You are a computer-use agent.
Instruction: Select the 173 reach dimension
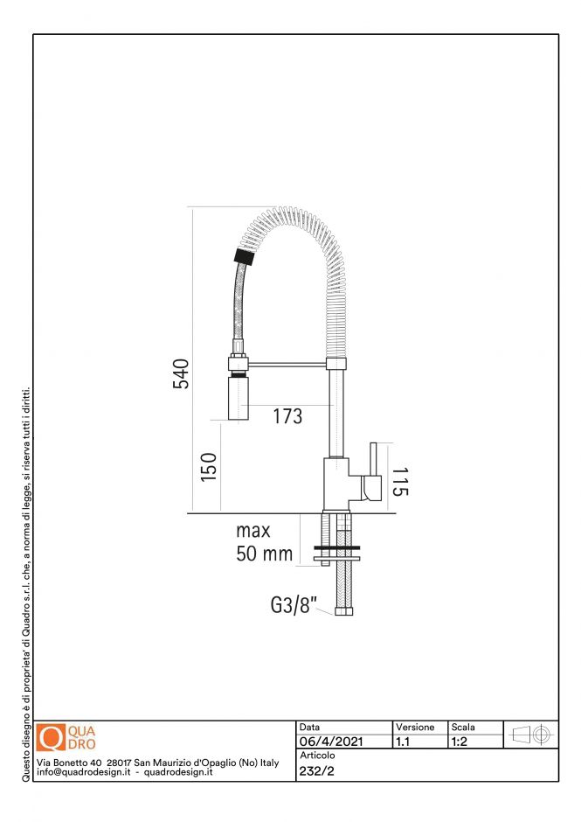(287, 417)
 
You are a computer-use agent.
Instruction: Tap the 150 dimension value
(207, 466)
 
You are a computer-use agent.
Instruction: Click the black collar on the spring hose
(244, 257)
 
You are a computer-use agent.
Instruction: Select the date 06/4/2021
(331, 742)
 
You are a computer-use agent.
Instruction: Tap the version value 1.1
(404, 742)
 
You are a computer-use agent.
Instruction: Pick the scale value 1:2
(460, 742)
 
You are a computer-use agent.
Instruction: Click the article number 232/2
(316, 770)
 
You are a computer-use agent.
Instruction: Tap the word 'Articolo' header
(317, 755)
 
